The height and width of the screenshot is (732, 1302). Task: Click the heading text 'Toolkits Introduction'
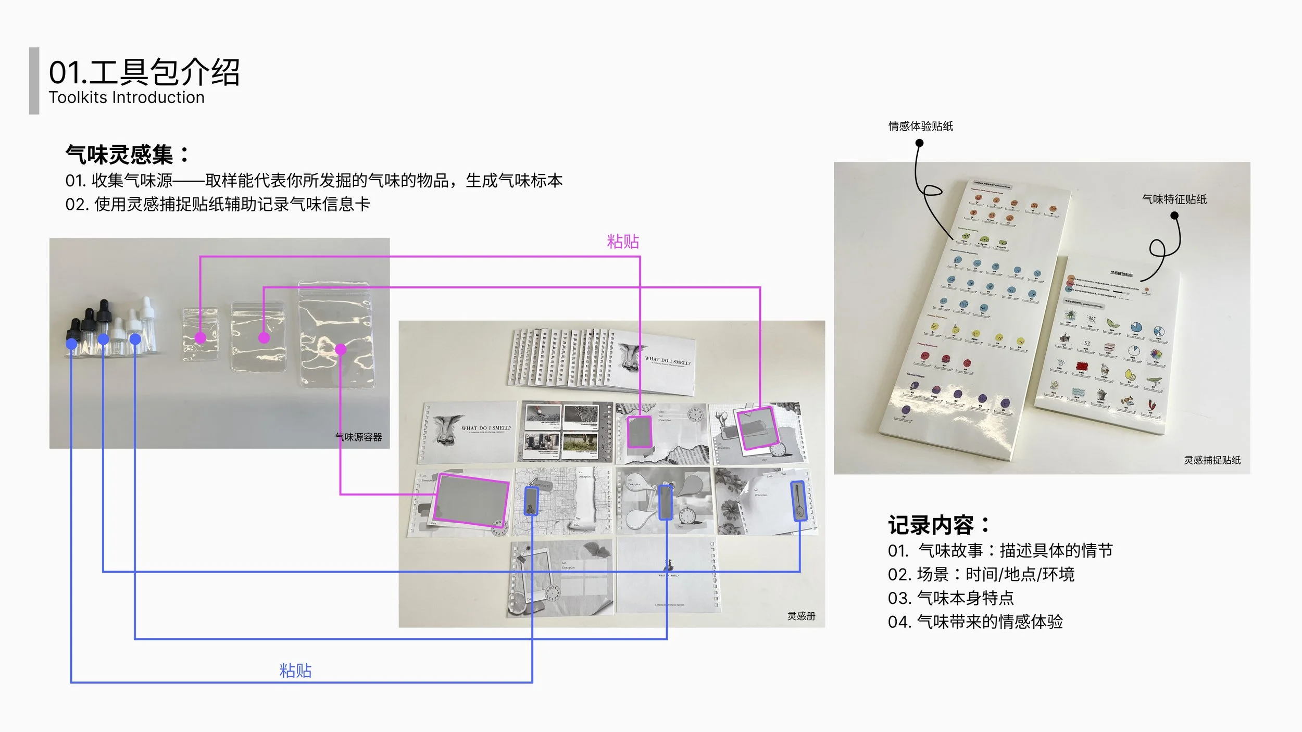(x=127, y=98)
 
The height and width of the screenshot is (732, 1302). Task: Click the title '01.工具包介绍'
(x=144, y=72)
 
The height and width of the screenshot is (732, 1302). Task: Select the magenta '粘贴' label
(x=623, y=242)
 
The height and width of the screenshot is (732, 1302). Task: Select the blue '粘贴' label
(x=295, y=671)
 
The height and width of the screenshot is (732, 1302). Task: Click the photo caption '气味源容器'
(x=358, y=437)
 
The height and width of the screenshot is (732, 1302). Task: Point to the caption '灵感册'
(x=801, y=616)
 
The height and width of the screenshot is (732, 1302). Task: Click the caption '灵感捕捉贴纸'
(x=1212, y=460)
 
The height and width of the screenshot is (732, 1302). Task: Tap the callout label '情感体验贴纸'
(x=920, y=126)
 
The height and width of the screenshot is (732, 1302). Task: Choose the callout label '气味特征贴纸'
(x=1174, y=199)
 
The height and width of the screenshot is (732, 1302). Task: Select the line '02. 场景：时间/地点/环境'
(x=981, y=574)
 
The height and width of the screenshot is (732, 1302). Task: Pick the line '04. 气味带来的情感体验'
(x=975, y=622)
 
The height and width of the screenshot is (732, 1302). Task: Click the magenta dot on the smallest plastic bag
(x=200, y=338)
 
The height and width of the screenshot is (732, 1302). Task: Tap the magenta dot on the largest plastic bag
(x=341, y=349)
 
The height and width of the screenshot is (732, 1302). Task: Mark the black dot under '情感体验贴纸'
(x=919, y=144)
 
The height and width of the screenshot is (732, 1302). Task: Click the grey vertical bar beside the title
(x=34, y=81)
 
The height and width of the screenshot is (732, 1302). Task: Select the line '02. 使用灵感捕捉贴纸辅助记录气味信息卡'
(x=217, y=205)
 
